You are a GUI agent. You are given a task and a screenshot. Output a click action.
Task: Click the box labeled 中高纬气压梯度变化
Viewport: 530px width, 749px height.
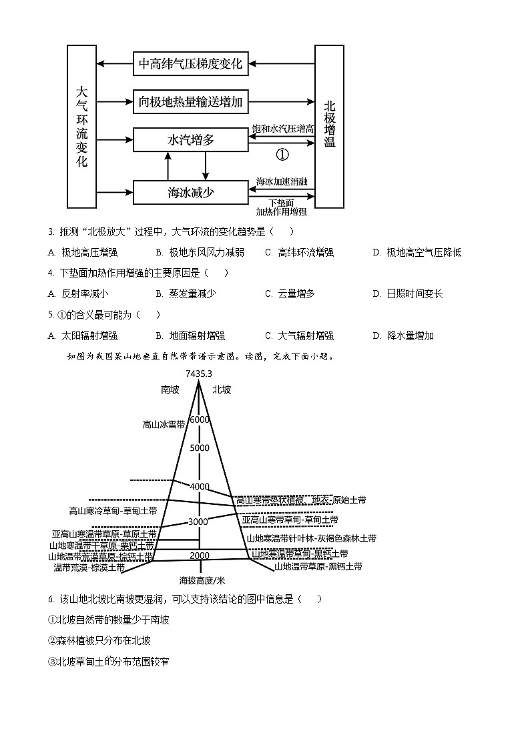tap(190, 65)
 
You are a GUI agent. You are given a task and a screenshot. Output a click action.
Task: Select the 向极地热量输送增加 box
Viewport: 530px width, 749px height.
tap(190, 102)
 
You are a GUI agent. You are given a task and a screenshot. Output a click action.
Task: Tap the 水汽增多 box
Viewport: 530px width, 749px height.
tap(190, 140)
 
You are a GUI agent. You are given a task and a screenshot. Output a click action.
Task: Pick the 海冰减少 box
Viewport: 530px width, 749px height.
tap(190, 193)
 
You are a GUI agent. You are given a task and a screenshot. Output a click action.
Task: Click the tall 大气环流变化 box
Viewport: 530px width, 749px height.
tap(82, 127)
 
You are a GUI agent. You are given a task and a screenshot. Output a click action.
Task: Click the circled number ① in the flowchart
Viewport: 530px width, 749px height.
tap(282, 154)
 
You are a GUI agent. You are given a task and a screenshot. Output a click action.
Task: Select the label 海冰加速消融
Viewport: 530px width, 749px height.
tap(282, 181)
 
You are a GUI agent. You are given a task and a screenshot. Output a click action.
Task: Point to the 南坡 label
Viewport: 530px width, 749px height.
tap(170, 390)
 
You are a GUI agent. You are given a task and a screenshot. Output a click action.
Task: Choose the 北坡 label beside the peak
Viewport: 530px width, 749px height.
tap(222, 390)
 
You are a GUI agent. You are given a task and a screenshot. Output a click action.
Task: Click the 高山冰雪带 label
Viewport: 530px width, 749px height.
tap(163, 424)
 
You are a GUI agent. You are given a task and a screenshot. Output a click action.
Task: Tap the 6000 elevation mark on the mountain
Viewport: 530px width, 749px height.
tap(199, 420)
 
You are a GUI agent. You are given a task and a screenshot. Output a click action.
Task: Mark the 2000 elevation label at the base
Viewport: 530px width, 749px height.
tap(199, 556)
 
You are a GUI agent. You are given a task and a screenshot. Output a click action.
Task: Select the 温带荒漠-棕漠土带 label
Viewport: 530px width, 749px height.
tap(89, 567)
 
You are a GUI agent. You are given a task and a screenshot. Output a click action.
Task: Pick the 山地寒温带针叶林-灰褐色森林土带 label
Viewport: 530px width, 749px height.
tap(311, 538)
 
